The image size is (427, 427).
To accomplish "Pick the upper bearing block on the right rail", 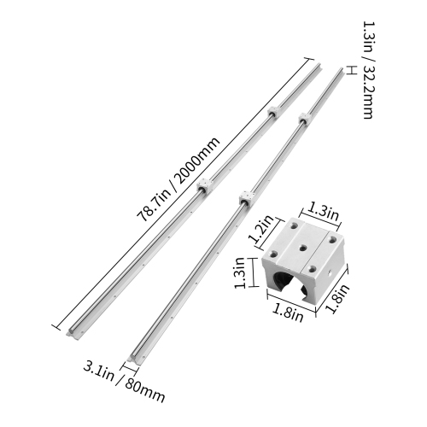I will [x=303, y=120].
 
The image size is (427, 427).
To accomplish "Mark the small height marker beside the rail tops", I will [x=348, y=69].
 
